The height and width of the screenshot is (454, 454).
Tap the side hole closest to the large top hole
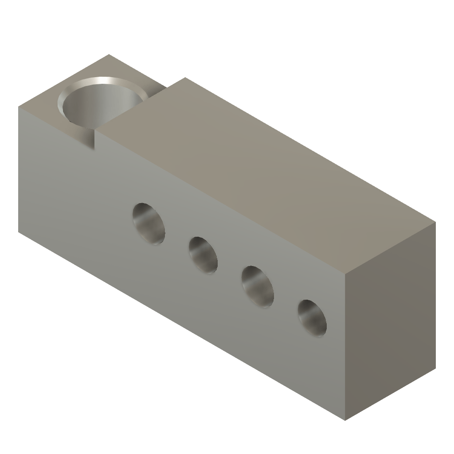(149, 224)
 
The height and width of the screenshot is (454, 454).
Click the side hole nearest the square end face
(312, 318)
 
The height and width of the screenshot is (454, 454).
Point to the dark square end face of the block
(390, 319)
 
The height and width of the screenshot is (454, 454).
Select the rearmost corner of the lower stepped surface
(109, 55)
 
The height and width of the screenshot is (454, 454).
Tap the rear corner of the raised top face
(184, 78)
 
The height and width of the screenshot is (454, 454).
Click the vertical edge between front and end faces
(345, 346)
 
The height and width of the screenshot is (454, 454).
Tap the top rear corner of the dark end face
(436, 222)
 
